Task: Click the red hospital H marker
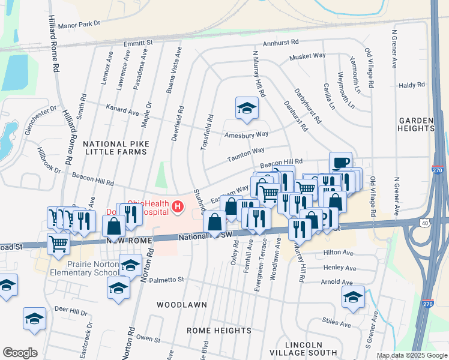point(178,208)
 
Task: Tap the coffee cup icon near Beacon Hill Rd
point(340,163)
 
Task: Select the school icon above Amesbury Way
point(247,109)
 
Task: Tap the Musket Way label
point(307,56)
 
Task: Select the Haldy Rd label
point(412,85)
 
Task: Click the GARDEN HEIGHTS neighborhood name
point(415,124)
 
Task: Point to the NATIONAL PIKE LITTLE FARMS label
point(115,148)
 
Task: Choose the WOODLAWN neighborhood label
point(182,305)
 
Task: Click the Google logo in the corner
point(20,353)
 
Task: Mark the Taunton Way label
point(245,155)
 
